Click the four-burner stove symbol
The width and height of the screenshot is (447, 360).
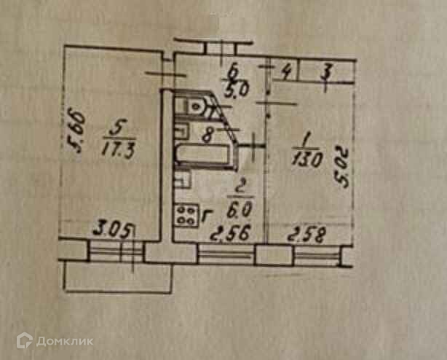point(185,214)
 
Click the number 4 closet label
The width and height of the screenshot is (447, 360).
point(288,71)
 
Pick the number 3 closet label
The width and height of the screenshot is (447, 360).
point(327,72)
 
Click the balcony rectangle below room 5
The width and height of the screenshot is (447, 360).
point(116,278)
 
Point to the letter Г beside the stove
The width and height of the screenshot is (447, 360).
point(207,213)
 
